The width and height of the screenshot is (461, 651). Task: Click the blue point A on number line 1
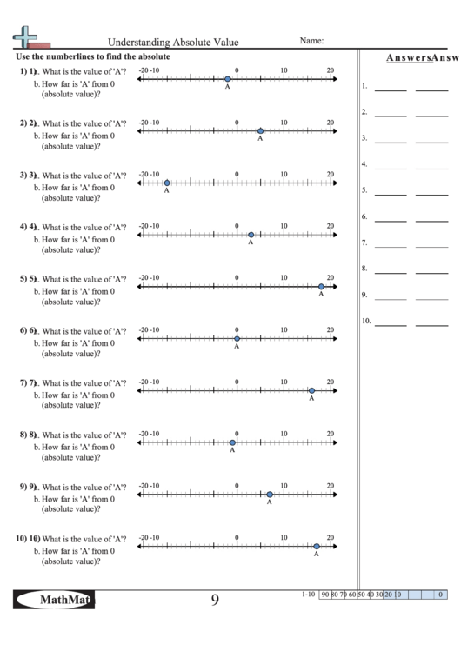click(x=228, y=78)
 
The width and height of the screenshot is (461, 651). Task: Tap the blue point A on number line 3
click(x=166, y=183)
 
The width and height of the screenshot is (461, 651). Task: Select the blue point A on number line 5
click(x=321, y=287)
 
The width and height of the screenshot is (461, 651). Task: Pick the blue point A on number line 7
click(x=311, y=391)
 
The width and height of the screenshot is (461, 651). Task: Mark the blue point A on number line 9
click(x=270, y=495)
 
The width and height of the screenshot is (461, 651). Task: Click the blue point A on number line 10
click(x=317, y=547)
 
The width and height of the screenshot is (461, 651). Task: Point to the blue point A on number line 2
click(x=260, y=130)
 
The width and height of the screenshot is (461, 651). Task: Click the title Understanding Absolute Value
click(x=172, y=42)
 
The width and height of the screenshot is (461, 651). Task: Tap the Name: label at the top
click(x=311, y=40)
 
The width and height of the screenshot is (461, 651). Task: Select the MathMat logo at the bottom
click(x=55, y=600)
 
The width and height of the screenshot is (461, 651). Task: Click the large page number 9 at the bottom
click(x=215, y=600)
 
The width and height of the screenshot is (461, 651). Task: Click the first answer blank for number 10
click(x=391, y=325)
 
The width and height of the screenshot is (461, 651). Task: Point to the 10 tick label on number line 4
click(x=284, y=226)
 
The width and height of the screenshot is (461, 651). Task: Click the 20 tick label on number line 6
click(x=330, y=330)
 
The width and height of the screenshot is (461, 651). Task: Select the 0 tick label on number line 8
click(x=237, y=434)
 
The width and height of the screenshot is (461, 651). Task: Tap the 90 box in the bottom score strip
click(x=324, y=595)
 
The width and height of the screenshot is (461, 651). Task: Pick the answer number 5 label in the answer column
click(x=364, y=190)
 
